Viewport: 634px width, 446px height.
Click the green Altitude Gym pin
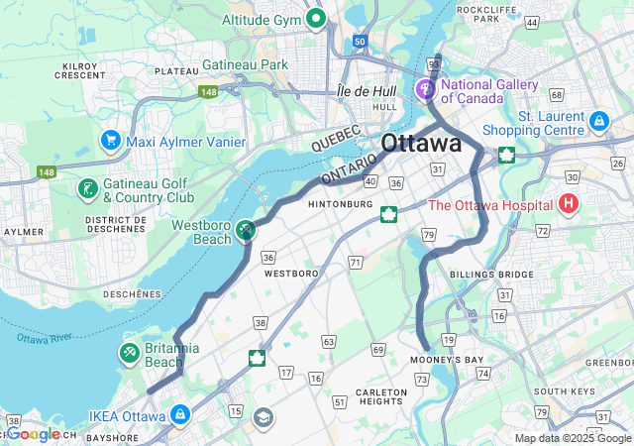[316, 18]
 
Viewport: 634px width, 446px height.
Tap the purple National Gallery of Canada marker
[427, 90]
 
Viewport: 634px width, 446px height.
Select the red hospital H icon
[569, 205]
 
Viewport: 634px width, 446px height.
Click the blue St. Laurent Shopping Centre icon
[597, 121]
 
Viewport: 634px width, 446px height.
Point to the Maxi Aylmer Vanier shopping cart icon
[110, 142]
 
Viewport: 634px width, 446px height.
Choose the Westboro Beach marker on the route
[245, 230]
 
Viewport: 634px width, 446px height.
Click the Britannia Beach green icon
[130, 353]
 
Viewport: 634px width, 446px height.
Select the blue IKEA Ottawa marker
[180, 413]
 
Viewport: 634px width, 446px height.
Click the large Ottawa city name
[421, 142]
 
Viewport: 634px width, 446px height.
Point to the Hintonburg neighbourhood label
[341, 204]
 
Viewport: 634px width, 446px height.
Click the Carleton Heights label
[381, 397]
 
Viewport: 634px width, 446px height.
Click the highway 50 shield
[358, 42]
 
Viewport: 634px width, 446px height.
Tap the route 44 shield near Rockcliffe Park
[532, 22]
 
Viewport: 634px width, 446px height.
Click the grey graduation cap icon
[264, 417]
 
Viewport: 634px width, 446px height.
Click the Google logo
[35, 434]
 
